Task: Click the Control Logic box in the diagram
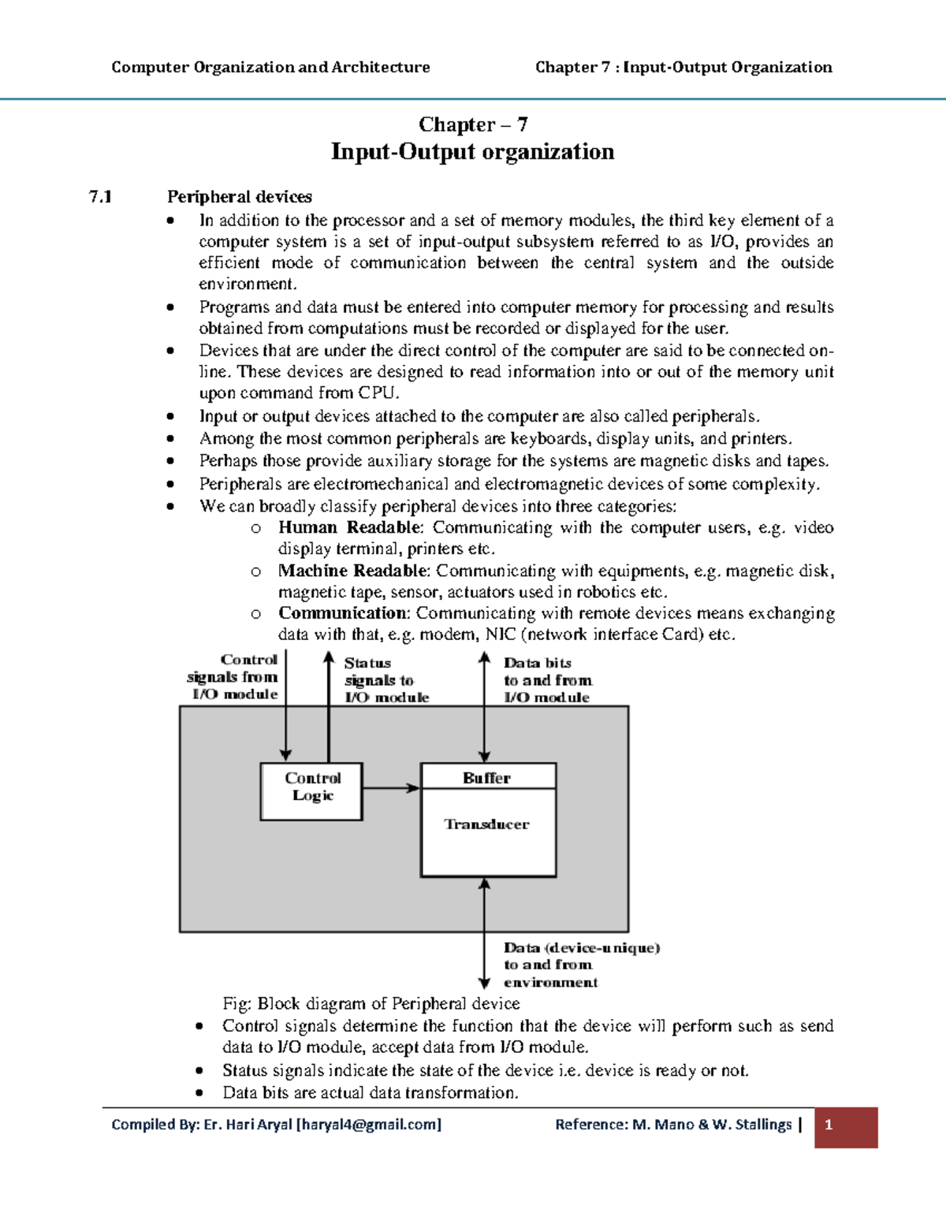coord(311,791)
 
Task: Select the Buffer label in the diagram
coord(486,777)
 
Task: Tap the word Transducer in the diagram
coord(486,824)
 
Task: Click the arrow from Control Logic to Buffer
coord(391,787)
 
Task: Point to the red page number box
coord(846,1127)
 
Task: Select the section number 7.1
coord(101,197)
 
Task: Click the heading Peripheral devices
coord(239,197)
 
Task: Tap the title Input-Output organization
coord(472,151)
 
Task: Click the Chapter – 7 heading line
coord(472,125)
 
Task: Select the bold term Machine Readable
coord(352,571)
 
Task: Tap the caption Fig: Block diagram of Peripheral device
coord(371,1003)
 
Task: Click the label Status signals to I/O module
coord(385,680)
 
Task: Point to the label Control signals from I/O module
coord(233,677)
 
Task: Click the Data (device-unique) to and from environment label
coord(580,965)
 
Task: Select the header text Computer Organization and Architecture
coord(270,67)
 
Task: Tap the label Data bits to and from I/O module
coord(547,680)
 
